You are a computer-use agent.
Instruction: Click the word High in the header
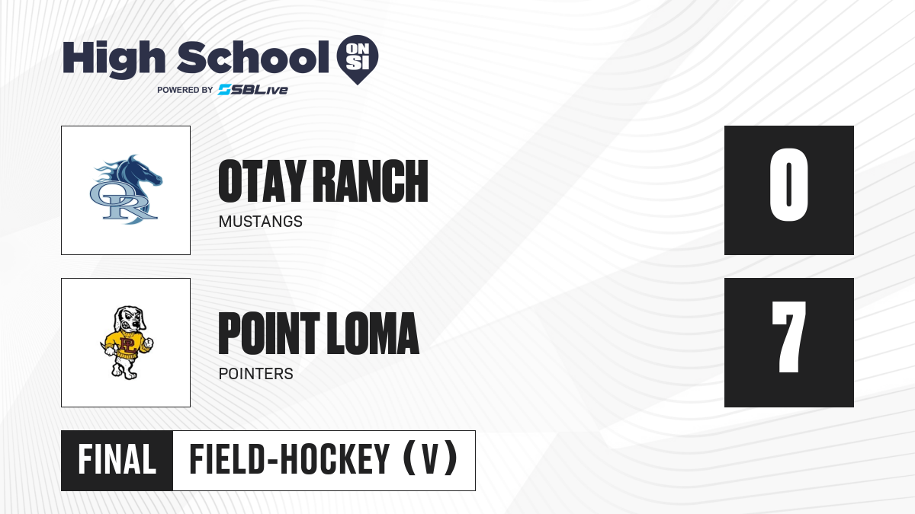point(114,59)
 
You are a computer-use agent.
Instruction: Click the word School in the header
point(253,57)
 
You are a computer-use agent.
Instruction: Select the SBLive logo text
point(253,90)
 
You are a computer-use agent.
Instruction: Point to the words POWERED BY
point(185,90)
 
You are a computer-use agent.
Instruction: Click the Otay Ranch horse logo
point(126,190)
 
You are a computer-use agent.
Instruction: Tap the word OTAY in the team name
point(262,181)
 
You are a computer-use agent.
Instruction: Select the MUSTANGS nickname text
point(261,222)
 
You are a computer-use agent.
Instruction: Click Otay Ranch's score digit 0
point(788,185)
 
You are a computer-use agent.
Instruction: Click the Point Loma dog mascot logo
point(127,343)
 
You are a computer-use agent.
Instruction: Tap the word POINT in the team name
point(269,334)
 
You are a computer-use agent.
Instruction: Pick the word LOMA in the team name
point(374,334)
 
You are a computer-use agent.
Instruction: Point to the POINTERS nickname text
point(256,374)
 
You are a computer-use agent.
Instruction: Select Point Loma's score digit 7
point(788,337)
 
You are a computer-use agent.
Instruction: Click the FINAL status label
point(117,460)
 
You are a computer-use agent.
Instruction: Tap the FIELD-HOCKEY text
point(290,460)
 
